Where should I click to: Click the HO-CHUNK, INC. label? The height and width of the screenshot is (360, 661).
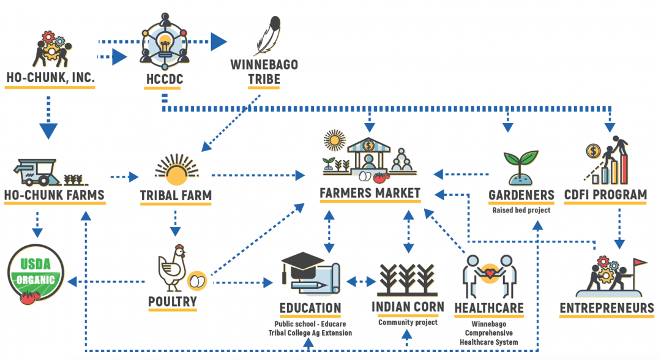pyautogui.click(x=50, y=78)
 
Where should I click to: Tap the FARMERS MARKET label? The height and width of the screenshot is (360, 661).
pyautogui.click(x=370, y=193)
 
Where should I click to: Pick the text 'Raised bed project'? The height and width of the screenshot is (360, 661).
pyautogui.click(x=521, y=210)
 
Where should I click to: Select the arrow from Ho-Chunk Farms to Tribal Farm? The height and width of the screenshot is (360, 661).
pyautogui.click(x=125, y=178)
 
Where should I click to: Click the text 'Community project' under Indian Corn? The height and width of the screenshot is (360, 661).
pyautogui.click(x=408, y=322)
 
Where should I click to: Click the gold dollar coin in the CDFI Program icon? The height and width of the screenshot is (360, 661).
pyautogui.click(x=592, y=150)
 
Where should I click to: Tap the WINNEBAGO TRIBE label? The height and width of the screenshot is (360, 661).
pyautogui.click(x=264, y=72)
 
